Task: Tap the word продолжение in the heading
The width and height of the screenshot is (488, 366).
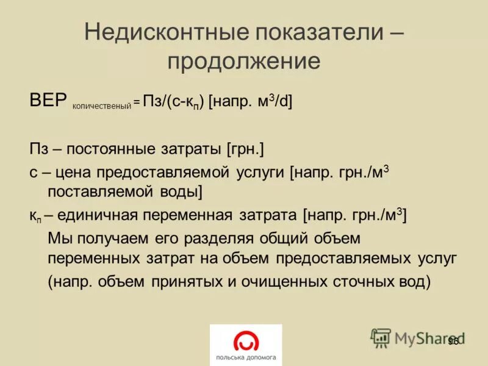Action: point(244,61)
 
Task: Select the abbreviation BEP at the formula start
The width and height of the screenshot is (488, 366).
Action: point(48,101)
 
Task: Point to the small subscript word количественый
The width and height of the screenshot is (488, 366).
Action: point(102,106)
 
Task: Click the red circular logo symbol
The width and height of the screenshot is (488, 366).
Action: point(246,340)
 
